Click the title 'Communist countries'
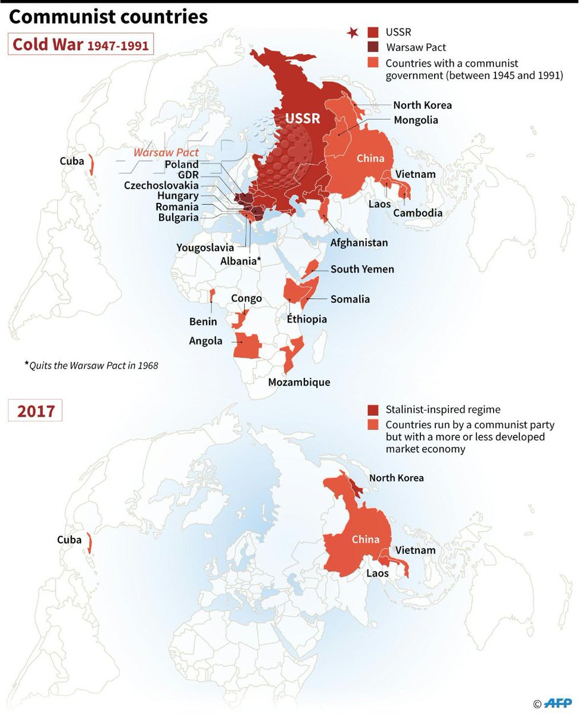coord(108,17)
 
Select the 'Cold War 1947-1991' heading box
coord(80,45)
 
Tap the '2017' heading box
coord(35,411)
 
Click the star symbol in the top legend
coord(354,33)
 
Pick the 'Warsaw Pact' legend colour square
coord(373,47)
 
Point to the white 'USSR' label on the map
coord(303,118)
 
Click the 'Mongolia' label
coord(416,120)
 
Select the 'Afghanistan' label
coord(359,243)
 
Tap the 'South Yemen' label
coord(362,270)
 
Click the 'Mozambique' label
coord(299,382)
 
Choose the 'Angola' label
coord(205,341)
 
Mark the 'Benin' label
coord(203,322)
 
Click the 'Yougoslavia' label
coord(205,247)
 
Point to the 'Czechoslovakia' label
coord(161,185)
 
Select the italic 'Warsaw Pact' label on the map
coord(166,153)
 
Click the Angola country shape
coord(247,346)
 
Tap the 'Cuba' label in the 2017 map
coord(69,540)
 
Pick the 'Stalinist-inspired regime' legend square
coord(373,409)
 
